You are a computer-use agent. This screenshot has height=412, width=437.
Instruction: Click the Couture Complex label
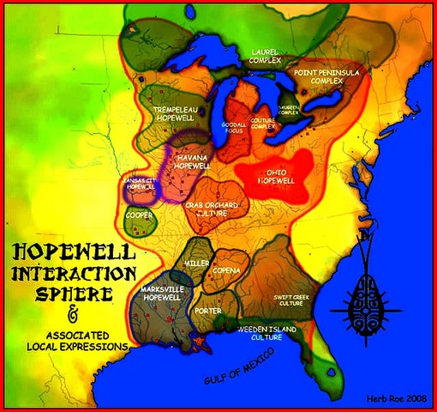coord(263,124)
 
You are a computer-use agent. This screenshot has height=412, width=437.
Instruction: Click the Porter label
coord(208,311)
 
